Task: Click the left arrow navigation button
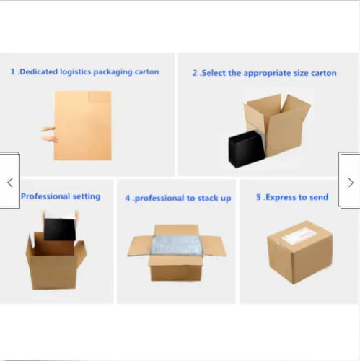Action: coord(10,181)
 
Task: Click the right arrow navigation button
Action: coord(350,181)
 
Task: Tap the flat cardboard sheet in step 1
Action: coord(82,126)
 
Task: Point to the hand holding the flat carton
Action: coord(49,134)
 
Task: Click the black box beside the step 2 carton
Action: coord(246,149)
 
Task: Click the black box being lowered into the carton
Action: coord(60,229)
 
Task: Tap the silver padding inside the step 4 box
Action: coord(176,245)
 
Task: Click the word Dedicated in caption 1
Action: coord(38,71)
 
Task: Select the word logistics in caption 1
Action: coord(76,71)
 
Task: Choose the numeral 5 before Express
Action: coord(258,197)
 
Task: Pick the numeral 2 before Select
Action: coord(195,73)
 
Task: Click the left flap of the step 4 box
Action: coord(140,246)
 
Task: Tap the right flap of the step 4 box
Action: coord(214,246)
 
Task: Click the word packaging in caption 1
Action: coord(113,72)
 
